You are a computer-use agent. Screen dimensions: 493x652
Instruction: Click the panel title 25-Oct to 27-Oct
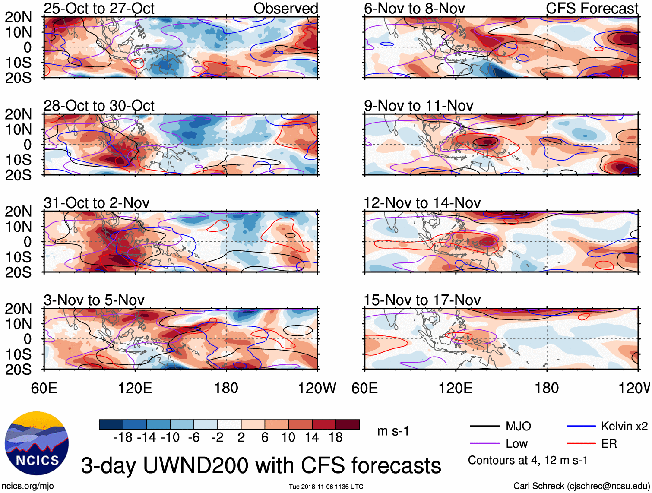tap(99, 9)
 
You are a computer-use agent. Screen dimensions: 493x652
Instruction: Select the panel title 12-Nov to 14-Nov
tap(422, 203)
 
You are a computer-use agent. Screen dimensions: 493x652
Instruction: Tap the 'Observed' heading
tap(285, 9)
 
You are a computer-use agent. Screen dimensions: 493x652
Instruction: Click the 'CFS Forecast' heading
tap(592, 9)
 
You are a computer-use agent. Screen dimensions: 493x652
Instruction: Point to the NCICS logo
tap(37, 443)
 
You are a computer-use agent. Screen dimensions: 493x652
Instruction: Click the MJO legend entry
tap(518, 427)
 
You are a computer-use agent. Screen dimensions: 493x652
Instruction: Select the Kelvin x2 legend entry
tap(624, 427)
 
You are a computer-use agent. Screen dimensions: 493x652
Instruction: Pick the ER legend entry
tap(609, 444)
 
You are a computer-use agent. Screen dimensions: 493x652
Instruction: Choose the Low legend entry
tap(516, 444)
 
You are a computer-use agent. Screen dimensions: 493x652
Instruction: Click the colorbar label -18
tap(123, 438)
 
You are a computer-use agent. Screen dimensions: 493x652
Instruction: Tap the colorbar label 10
tap(288, 438)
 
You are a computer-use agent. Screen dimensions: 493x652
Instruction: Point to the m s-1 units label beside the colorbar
tap(393, 431)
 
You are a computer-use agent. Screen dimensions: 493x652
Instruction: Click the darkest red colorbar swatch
tap(348, 424)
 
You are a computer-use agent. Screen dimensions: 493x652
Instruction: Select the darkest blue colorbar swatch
tap(111, 424)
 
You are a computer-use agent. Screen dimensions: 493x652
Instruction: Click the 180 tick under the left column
tap(226, 388)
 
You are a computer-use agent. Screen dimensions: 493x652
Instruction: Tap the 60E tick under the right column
tap(364, 388)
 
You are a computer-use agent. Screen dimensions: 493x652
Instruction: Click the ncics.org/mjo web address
tap(28, 486)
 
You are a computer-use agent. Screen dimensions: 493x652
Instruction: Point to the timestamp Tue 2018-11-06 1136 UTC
tap(326, 487)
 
